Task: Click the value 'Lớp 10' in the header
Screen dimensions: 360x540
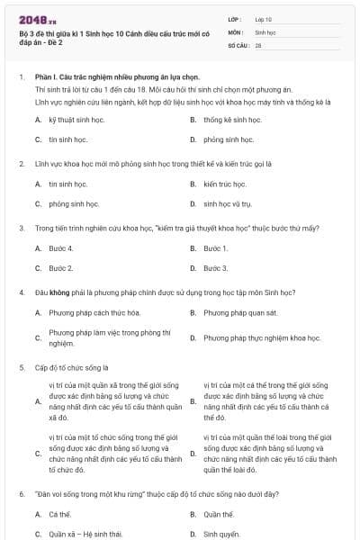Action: click(264, 19)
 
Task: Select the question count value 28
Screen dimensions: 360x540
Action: click(258, 44)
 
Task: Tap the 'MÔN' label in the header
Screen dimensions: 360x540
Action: click(236, 31)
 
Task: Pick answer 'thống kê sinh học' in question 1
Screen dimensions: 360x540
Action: click(232, 120)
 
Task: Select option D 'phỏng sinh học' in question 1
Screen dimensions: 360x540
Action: click(229, 139)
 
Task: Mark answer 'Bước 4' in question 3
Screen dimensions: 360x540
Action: click(61, 247)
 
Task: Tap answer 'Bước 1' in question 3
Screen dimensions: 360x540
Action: click(216, 247)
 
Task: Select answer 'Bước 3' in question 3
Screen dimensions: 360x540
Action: click(216, 267)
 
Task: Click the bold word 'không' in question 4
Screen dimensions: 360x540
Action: click(60, 292)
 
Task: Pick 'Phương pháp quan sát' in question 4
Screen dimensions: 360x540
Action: click(240, 312)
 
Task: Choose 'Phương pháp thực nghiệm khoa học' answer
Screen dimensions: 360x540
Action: click(261, 337)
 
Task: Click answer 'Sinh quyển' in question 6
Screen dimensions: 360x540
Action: click(220, 534)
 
